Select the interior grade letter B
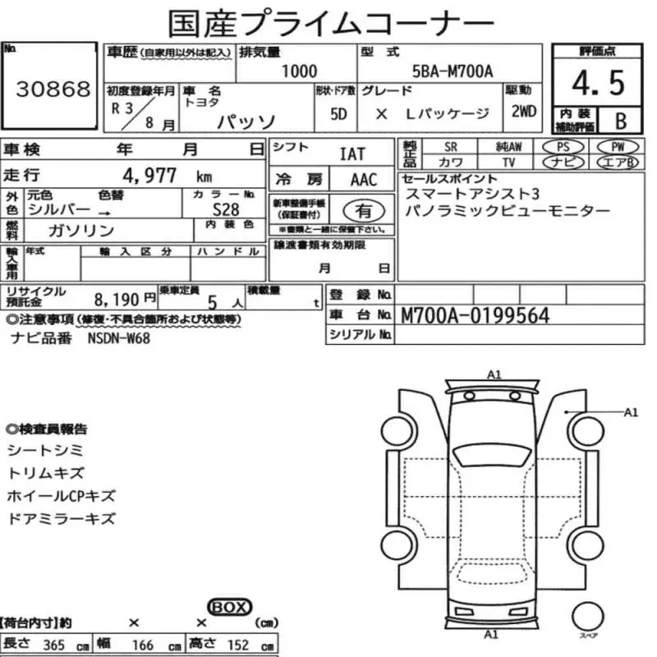(621, 121)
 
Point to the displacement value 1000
(299, 71)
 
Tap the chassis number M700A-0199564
(475, 315)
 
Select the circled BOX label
(230, 607)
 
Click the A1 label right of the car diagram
(631, 412)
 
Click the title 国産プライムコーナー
(331, 22)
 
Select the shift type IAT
(352, 154)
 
